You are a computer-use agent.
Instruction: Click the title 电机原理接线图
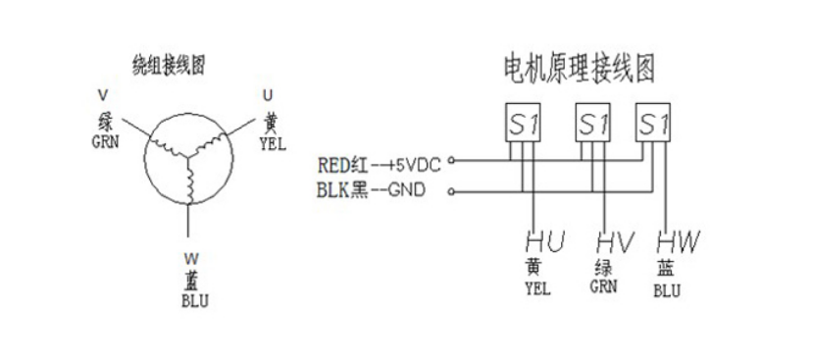pos(577,69)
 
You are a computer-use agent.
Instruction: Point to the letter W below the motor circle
pos(190,259)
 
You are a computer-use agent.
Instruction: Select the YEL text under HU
pos(537,288)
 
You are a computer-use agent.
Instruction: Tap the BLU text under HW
pos(666,290)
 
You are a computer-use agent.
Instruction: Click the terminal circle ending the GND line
pos(450,191)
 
